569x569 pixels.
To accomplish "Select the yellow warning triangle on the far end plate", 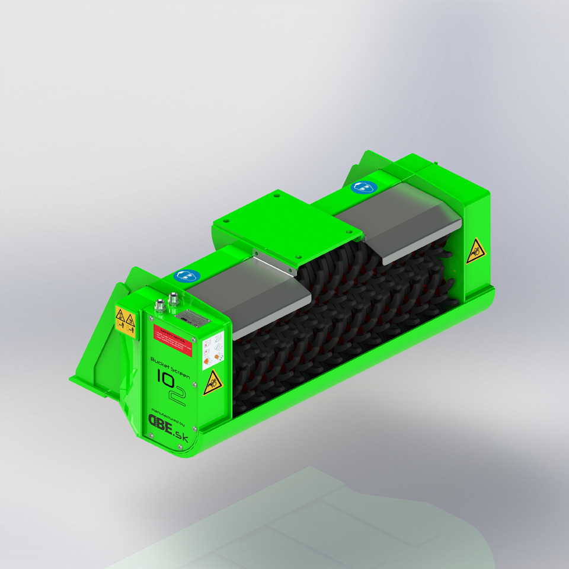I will tap(475, 251).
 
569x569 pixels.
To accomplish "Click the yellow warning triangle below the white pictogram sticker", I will tap(211, 383).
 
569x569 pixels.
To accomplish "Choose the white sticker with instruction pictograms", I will tap(213, 350).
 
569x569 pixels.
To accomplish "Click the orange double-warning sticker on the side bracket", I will tap(125, 322).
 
